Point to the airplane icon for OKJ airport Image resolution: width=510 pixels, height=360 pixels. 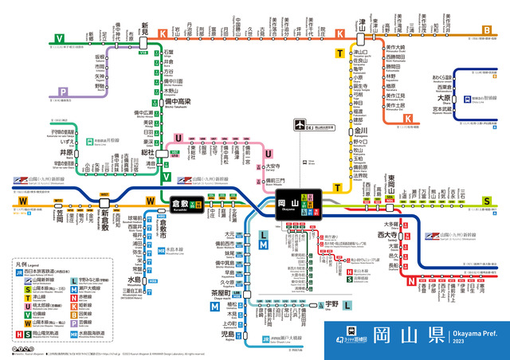pyautogui.click(x=299, y=125)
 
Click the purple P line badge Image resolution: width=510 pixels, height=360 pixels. pyautogui.click(x=61, y=92)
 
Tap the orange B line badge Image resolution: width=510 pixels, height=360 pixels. pyautogui.click(x=487, y=32)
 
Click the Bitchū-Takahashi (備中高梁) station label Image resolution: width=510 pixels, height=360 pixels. pyautogui.click(x=176, y=102)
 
